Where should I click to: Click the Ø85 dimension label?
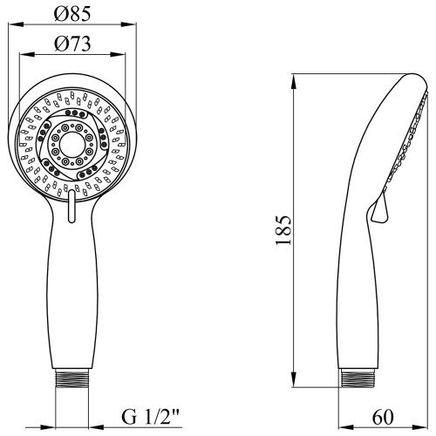point(72,14)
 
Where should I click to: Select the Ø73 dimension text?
point(72,44)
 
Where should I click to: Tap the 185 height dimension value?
point(283,230)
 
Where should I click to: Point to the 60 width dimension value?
point(383,417)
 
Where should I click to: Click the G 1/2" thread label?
point(150,417)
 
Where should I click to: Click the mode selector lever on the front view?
point(72,206)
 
